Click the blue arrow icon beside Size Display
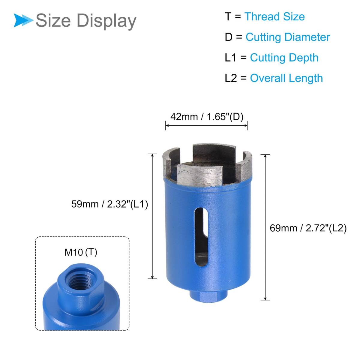tap(23, 20)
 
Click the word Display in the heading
tap(106, 21)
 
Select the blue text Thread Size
tap(274, 16)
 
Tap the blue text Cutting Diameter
tap(288, 37)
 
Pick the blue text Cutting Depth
tap(284, 58)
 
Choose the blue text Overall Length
tap(286, 78)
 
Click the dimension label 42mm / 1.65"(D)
tap(207, 117)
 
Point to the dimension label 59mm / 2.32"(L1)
tap(110, 204)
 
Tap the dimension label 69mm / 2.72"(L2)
tap(308, 228)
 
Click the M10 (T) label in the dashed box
tap(81, 252)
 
